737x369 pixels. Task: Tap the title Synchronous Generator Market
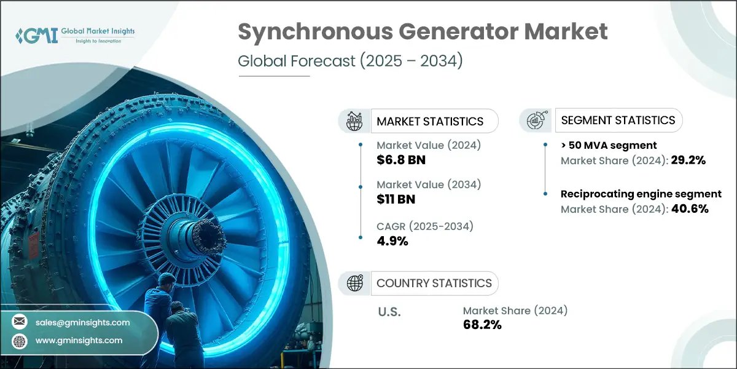pyautogui.click(x=423, y=32)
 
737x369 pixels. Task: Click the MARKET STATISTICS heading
pyautogui.click(x=430, y=122)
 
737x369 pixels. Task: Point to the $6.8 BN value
pyautogui.click(x=401, y=161)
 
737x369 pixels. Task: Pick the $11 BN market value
pyautogui.click(x=397, y=200)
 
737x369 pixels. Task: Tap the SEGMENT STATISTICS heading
pyautogui.click(x=618, y=121)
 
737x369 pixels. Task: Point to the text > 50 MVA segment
pyautogui.click(x=609, y=145)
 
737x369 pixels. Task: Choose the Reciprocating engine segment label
pyautogui.click(x=641, y=194)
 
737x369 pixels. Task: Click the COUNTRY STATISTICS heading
pyautogui.click(x=434, y=284)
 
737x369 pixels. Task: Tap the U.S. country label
pyautogui.click(x=389, y=312)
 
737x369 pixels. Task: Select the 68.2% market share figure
pyautogui.click(x=482, y=325)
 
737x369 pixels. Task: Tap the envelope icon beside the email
pyautogui.click(x=20, y=322)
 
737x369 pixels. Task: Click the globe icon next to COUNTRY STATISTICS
pyautogui.click(x=354, y=283)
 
